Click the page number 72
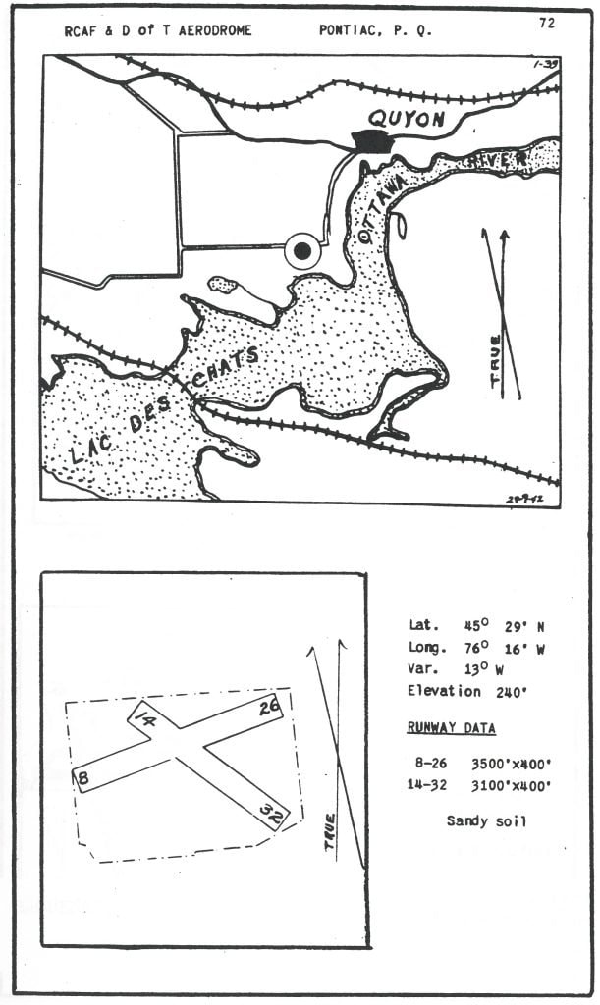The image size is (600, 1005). [x=547, y=23]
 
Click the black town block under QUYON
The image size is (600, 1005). [x=373, y=141]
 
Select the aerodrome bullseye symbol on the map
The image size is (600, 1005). [x=302, y=250]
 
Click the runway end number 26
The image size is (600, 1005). [x=270, y=709]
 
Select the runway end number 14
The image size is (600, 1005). [x=146, y=717]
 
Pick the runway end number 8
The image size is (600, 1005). [x=82, y=778]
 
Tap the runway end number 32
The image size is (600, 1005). [x=271, y=812]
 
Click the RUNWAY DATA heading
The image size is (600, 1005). [x=452, y=727]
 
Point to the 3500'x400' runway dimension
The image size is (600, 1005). [x=511, y=764]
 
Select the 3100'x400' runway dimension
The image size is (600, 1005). [x=511, y=785]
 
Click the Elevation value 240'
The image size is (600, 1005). [x=511, y=692]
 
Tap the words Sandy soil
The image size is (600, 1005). [x=486, y=820]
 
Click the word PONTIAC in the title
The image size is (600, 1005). [x=351, y=30]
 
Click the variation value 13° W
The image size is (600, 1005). [x=484, y=669]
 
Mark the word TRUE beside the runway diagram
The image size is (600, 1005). [x=330, y=832]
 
